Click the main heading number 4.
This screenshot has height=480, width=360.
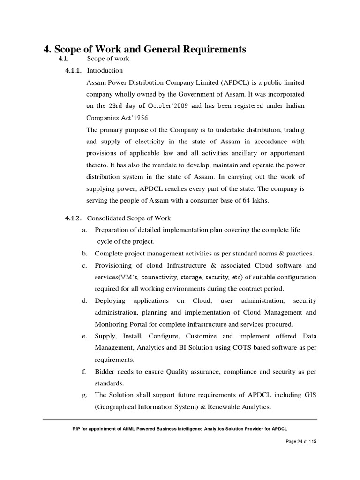coord(46,49)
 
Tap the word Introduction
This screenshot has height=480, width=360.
coord(105,71)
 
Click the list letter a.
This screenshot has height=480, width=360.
coord(84,230)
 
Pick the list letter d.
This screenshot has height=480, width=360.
coord(84,300)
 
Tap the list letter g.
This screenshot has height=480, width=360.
coord(84,395)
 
